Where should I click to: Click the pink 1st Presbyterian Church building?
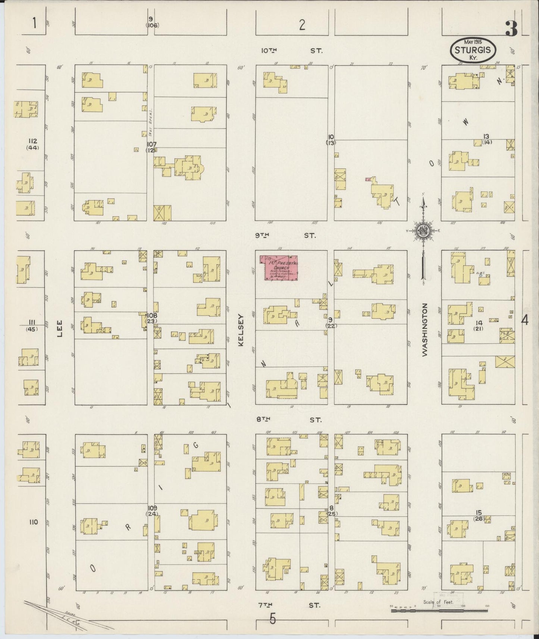[x=281, y=267]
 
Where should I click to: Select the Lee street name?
[x=60, y=329]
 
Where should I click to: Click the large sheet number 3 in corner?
[x=511, y=29]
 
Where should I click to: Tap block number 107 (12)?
[x=151, y=147]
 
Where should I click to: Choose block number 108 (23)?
[x=151, y=318]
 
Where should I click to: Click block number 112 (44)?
[x=33, y=144]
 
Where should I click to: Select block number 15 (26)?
[x=479, y=516]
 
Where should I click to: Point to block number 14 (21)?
[x=479, y=325]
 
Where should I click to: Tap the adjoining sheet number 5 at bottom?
[x=273, y=619]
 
